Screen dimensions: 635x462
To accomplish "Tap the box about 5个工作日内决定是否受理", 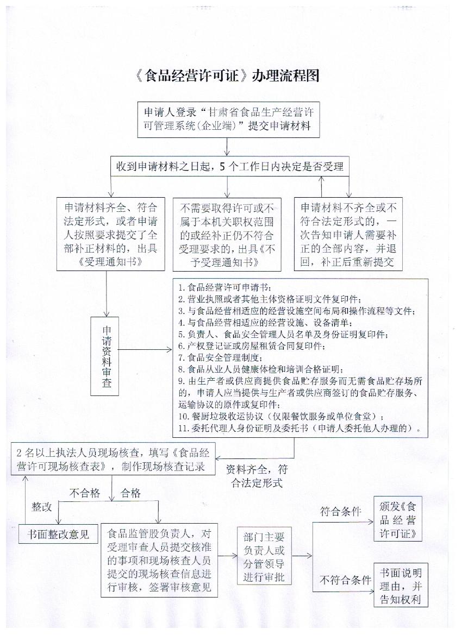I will click(230, 167).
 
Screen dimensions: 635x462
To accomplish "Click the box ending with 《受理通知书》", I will click(111, 234).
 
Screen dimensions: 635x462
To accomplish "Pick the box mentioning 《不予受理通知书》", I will click(227, 234).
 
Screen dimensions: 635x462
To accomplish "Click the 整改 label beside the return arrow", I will click(42, 507).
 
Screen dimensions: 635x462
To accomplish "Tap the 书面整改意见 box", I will click(58, 534).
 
